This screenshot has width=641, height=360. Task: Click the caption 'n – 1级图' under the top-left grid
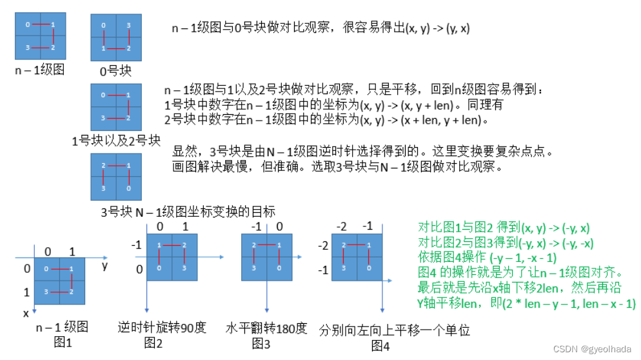(40, 69)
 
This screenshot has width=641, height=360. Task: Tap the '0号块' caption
(116, 72)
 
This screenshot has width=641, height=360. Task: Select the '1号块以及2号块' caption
(117, 141)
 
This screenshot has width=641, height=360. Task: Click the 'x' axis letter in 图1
(26, 313)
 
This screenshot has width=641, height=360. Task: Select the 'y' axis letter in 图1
(104, 265)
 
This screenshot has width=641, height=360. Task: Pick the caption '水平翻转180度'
(266, 327)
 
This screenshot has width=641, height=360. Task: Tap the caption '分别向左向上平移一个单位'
(395, 331)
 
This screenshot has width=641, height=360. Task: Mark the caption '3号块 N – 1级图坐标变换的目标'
(188, 211)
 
